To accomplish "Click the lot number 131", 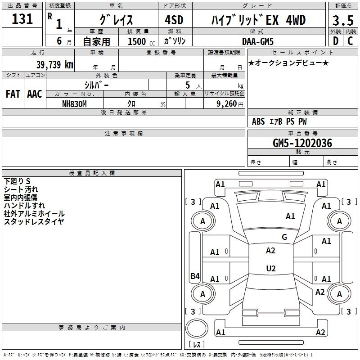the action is coord(22,19).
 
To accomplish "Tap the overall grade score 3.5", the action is coord(343,20).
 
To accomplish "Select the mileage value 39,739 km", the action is coord(54,65).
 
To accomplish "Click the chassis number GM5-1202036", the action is coord(302,143).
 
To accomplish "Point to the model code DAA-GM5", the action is coord(258,41).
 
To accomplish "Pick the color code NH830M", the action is coord(74,104).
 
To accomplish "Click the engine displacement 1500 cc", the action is coord(141,41).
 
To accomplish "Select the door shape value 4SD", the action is coord(174,20).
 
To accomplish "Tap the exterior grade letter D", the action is coord(335,41).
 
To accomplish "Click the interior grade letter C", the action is coord(350,41).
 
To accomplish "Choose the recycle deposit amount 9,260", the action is coord(227,104).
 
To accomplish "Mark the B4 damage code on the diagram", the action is coord(195,276).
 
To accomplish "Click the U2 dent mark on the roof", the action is coord(271,268).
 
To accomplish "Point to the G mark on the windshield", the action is coord(284,237).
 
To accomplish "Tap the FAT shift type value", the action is coord(13,94).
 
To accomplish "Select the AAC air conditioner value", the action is coord(35,94).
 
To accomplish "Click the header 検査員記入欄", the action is coord(92,173).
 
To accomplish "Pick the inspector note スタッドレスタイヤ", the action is coord(34,221).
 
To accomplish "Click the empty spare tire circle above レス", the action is coord(197,328).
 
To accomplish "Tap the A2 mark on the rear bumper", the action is coord(320,332).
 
